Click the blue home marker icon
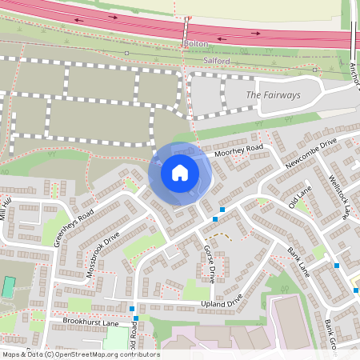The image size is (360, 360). [x=180, y=172]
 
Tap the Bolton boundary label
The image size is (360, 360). [x=195, y=43]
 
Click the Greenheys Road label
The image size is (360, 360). [x=74, y=226]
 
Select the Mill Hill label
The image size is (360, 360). [x=7, y=210]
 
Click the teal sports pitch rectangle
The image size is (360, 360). [x=8, y=286]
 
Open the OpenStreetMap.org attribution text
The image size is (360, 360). [x=80, y=354]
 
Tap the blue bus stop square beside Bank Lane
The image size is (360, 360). [x=337, y=266]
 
